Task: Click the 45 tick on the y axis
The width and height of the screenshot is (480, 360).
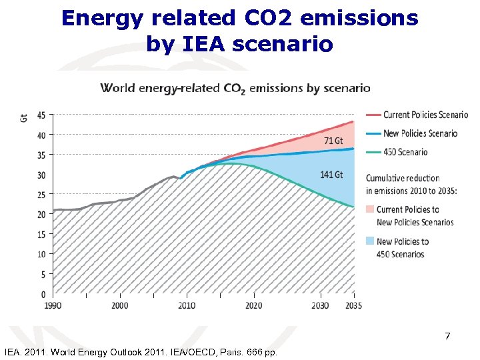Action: [x=41, y=115]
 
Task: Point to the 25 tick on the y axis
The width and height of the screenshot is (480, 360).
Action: [x=41, y=195]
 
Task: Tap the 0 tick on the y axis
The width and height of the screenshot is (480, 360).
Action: [x=43, y=294]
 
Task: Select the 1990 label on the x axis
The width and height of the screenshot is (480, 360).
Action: [x=53, y=305]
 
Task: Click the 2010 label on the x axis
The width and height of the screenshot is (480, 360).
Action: [x=187, y=305]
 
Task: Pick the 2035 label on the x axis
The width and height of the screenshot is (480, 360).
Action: [x=353, y=305]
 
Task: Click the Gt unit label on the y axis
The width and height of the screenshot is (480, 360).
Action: [x=25, y=118]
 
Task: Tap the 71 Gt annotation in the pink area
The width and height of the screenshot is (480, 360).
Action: [x=333, y=141]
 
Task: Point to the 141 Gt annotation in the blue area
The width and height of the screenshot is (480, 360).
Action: [x=331, y=175]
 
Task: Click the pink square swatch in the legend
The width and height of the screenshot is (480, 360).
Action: [x=370, y=209]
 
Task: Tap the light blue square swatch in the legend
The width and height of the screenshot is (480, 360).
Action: [x=370, y=241]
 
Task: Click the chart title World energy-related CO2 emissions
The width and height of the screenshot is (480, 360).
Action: [x=235, y=88]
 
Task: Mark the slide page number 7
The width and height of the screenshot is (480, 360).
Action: [x=447, y=337]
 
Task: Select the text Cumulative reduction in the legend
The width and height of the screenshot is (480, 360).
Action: [x=403, y=178]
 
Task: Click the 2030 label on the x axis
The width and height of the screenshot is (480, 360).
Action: [x=320, y=305]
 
